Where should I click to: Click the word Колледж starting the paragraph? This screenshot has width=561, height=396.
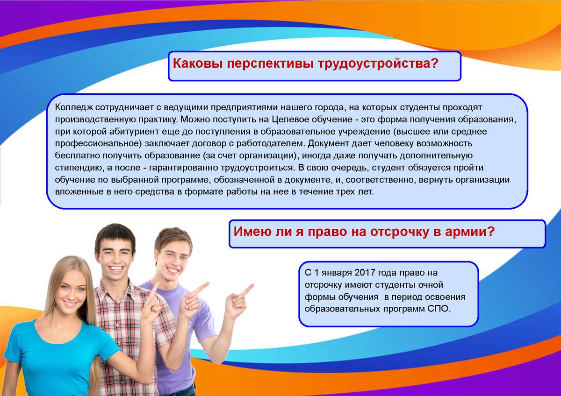(74, 107)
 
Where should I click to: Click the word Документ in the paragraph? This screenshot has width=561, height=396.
(328, 143)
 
